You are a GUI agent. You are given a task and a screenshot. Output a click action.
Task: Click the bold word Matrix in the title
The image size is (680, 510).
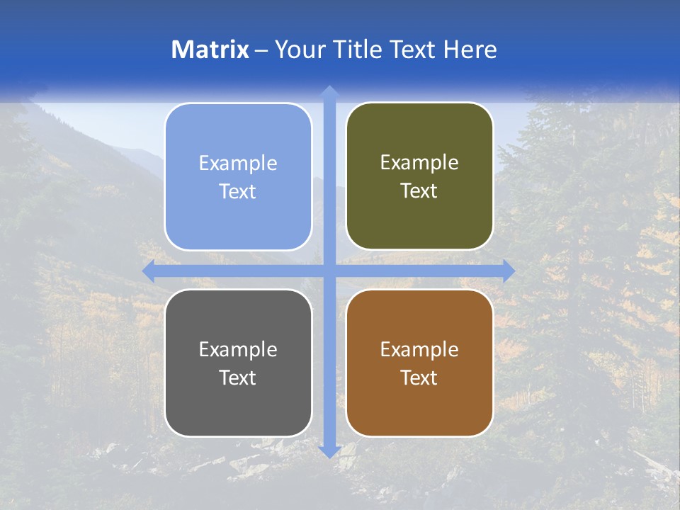click(x=210, y=50)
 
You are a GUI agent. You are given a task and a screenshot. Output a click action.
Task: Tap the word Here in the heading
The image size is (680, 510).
click(x=470, y=50)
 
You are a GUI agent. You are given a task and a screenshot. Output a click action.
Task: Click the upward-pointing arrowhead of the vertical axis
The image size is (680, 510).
click(x=329, y=91)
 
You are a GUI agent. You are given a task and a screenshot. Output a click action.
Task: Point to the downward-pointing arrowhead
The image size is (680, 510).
click(x=329, y=451)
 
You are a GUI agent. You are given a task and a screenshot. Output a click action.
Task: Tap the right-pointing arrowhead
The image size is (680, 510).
click(x=509, y=271)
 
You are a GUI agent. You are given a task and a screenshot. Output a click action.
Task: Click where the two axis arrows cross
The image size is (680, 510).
click(x=329, y=271)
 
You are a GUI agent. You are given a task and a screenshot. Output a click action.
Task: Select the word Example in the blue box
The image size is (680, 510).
click(x=238, y=164)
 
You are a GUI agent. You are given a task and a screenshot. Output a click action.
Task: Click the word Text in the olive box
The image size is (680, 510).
click(x=419, y=191)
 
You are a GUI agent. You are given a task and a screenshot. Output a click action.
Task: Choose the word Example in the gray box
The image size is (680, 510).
click(x=238, y=350)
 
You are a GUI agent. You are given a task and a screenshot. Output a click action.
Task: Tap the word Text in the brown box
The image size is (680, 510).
click(x=419, y=378)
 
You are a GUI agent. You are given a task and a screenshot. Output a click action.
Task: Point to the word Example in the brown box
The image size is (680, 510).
click(x=419, y=350)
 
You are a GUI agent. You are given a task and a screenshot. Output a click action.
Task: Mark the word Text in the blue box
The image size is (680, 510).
click(x=238, y=192)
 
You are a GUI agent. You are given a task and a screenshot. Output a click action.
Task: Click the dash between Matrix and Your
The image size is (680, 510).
click(x=261, y=50)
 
